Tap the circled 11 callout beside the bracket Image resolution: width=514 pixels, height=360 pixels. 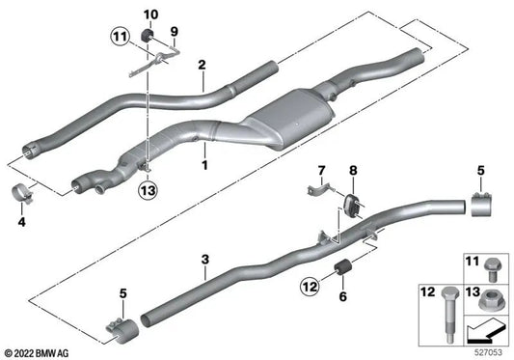[x=119, y=39]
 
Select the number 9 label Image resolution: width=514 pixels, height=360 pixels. [x=175, y=31]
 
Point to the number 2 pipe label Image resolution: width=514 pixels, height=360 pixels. [x=203, y=66]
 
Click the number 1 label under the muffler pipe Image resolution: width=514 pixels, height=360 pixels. [x=203, y=165]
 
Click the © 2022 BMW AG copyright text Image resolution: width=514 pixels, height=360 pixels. [x=40, y=350]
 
